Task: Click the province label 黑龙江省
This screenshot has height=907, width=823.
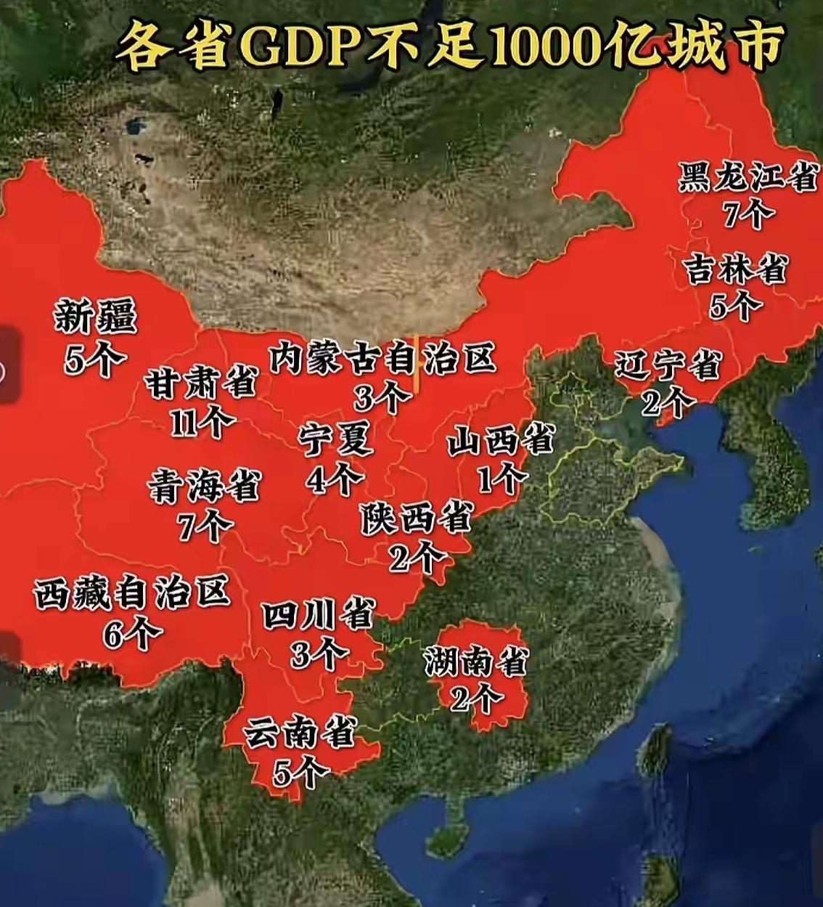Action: tap(748, 177)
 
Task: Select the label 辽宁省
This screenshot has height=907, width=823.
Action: tap(667, 365)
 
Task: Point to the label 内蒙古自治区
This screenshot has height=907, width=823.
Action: tap(382, 358)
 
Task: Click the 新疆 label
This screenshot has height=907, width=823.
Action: tap(96, 317)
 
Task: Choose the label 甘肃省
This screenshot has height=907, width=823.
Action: tap(201, 383)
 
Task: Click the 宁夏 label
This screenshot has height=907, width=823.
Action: tap(336, 440)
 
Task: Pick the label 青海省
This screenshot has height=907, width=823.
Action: tap(204, 486)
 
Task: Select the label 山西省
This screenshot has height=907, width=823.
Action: tap(500, 441)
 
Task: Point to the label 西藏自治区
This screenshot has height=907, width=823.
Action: tap(132, 593)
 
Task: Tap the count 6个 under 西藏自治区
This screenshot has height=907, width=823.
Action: tap(132, 634)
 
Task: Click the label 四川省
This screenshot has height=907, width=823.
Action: tap(318, 615)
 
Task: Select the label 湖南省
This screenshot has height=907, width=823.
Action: tap(476, 662)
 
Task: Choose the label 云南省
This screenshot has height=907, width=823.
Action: tap(299, 733)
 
